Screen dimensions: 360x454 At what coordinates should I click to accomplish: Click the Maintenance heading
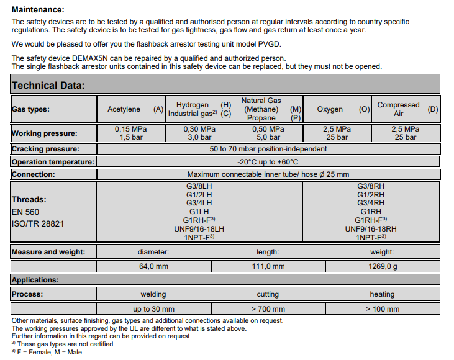pyautogui.click(x=38, y=9)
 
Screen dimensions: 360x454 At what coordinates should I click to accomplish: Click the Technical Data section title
pyautogui.click(x=48, y=86)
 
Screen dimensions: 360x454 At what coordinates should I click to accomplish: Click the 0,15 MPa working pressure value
pyautogui.click(x=130, y=129)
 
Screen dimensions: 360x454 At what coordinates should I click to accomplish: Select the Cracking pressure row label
pyautogui.click(x=45, y=149)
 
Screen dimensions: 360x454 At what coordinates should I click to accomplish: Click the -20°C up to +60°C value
pyautogui.click(x=268, y=162)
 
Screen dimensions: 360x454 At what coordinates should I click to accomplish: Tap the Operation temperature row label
pyautogui.click(x=53, y=162)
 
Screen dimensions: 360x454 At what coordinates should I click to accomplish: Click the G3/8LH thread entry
pyautogui.click(x=199, y=186)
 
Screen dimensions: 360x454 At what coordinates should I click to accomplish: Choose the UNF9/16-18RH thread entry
pyautogui.click(x=370, y=229)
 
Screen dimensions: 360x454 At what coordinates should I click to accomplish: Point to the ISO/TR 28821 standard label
pyautogui.click(x=37, y=223)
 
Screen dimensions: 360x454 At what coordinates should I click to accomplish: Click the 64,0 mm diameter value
pyautogui.click(x=153, y=266)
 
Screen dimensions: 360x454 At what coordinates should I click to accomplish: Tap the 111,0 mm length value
pyautogui.click(x=268, y=266)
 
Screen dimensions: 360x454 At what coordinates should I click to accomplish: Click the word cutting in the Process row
pyautogui.click(x=268, y=294)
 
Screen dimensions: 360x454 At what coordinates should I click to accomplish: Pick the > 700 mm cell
pyautogui.click(x=268, y=308)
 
